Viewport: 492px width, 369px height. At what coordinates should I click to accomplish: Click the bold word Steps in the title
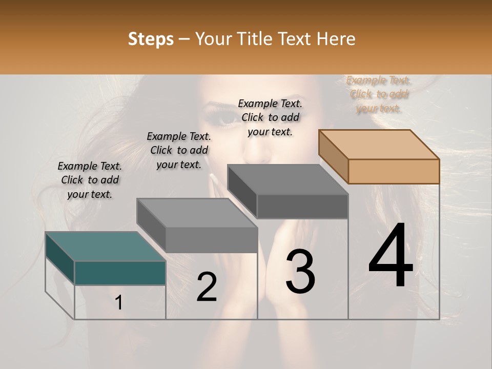pyautogui.click(x=151, y=39)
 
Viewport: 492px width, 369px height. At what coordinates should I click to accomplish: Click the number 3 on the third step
pyautogui.click(x=300, y=272)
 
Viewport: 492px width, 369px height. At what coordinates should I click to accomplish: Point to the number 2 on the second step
pyautogui.click(x=207, y=287)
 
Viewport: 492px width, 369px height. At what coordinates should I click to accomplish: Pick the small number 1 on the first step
pyautogui.click(x=119, y=303)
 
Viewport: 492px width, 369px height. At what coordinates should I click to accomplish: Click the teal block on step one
pyautogui.click(x=120, y=273)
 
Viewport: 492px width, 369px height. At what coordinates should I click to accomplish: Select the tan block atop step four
pyautogui.click(x=394, y=171)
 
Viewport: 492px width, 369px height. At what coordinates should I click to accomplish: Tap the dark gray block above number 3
pyautogui.click(x=302, y=206)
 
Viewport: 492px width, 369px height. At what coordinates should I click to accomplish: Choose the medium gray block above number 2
pyautogui.click(x=211, y=239)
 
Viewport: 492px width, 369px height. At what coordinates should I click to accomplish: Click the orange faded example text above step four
pyautogui.click(x=379, y=94)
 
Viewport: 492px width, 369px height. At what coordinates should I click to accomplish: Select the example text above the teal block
pyautogui.click(x=90, y=180)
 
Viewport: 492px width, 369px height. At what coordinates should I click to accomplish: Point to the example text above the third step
pyautogui.click(x=270, y=117)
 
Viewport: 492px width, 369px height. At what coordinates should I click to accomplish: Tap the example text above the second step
pyautogui.click(x=179, y=150)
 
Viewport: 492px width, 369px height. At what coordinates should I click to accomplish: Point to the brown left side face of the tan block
pyautogui.click(x=333, y=156)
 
